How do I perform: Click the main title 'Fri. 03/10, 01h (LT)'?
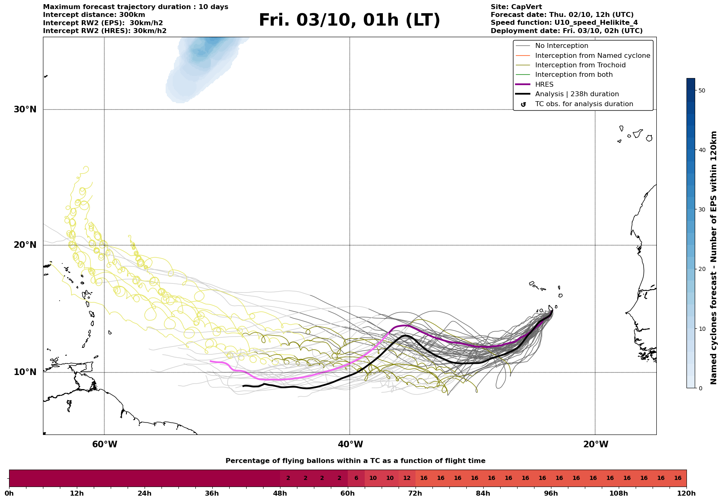(x=349, y=20)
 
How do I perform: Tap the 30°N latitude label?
(x=25, y=109)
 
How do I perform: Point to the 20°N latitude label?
(x=25, y=245)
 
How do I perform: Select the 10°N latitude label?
(x=25, y=372)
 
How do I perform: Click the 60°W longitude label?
(x=104, y=444)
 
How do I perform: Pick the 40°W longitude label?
(x=350, y=444)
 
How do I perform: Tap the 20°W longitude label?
(x=596, y=444)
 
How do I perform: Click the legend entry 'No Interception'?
(x=561, y=46)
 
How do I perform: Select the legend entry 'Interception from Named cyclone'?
(x=592, y=56)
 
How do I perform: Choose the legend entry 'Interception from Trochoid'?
(x=580, y=65)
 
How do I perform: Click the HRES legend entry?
(x=544, y=85)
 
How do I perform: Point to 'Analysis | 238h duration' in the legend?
(x=577, y=94)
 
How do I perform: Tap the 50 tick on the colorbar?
(x=702, y=90)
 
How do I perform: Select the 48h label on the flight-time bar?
(x=280, y=493)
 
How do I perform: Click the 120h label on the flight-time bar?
(x=686, y=493)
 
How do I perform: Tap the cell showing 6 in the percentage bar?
(x=356, y=478)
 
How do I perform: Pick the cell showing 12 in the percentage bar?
(x=407, y=478)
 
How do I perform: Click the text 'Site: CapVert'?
(x=516, y=7)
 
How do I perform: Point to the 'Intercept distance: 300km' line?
(x=94, y=15)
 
